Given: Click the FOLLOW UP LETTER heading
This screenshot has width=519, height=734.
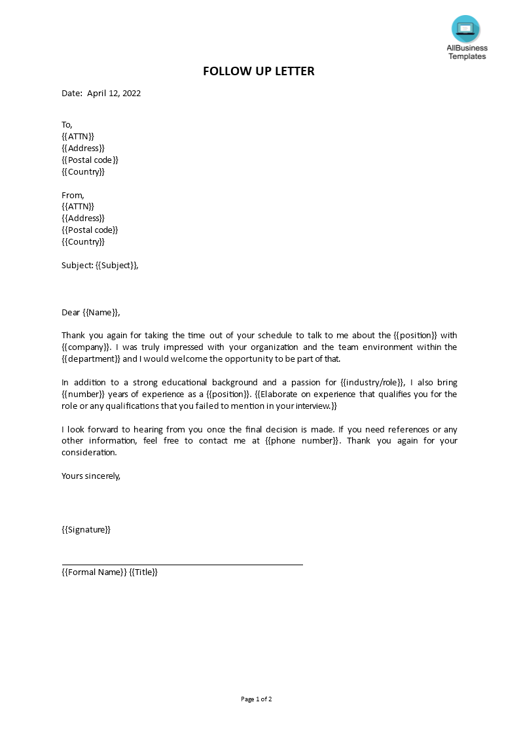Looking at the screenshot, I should coord(259,71).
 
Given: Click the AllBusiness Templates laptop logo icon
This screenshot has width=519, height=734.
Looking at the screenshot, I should coord(465,29).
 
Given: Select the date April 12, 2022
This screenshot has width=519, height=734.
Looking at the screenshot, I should coord(114,93).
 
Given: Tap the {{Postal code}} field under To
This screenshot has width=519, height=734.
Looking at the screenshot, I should coord(90,160).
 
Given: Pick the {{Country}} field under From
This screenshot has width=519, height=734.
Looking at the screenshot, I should coord(83,241).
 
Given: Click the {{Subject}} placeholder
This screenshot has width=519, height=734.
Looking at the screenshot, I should coord(116,265).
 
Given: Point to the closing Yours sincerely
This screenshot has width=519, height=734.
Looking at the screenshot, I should coord(91,476).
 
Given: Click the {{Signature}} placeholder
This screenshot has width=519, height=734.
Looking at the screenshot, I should coord(86,529).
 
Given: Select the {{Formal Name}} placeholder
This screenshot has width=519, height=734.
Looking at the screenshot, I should coord(94,572).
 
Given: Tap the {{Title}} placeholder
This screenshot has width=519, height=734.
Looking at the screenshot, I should coord(143,572).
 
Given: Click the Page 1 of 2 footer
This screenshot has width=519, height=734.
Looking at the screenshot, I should coord(257,699).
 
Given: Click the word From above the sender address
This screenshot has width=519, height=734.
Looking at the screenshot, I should coord(72,195).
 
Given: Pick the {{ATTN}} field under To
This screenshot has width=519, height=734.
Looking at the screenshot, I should coord(78,136).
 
